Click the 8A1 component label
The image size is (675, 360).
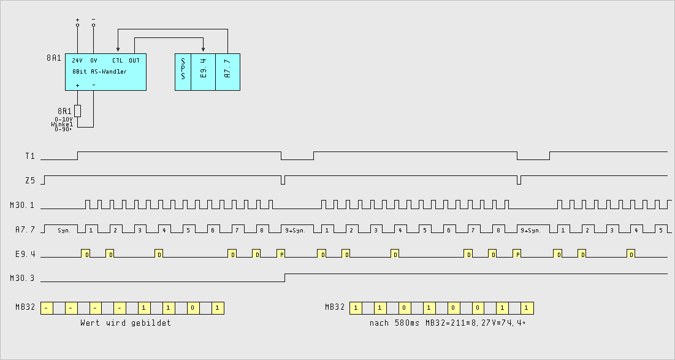click(x=54, y=58)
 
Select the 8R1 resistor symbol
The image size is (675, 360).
click(x=77, y=111)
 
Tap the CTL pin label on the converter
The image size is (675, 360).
click(x=117, y=61)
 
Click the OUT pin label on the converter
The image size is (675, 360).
click(x=134, y=61)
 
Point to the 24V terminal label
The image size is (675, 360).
click(x=77, y=61)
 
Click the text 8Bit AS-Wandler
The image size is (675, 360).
click(x=99, y=72)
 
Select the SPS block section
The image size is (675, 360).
click(x=183, y=72)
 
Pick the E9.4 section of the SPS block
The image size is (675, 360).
click(x=204, y=72)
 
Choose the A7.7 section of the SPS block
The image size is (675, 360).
click(x=227, y=72)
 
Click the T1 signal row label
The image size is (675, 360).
click(x=30, y=156)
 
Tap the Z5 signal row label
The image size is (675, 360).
click(x=30, y=180)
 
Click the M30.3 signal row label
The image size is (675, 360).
click(x=23, y=278)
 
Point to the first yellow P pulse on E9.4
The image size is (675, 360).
click(x=280, y=253)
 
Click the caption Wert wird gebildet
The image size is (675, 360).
click(x=126, y=323)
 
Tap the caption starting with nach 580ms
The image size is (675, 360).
click(x=447, y=323)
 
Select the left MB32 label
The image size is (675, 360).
click(x=26, y=307)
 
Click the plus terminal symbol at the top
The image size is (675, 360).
click(x=77, y=20)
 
